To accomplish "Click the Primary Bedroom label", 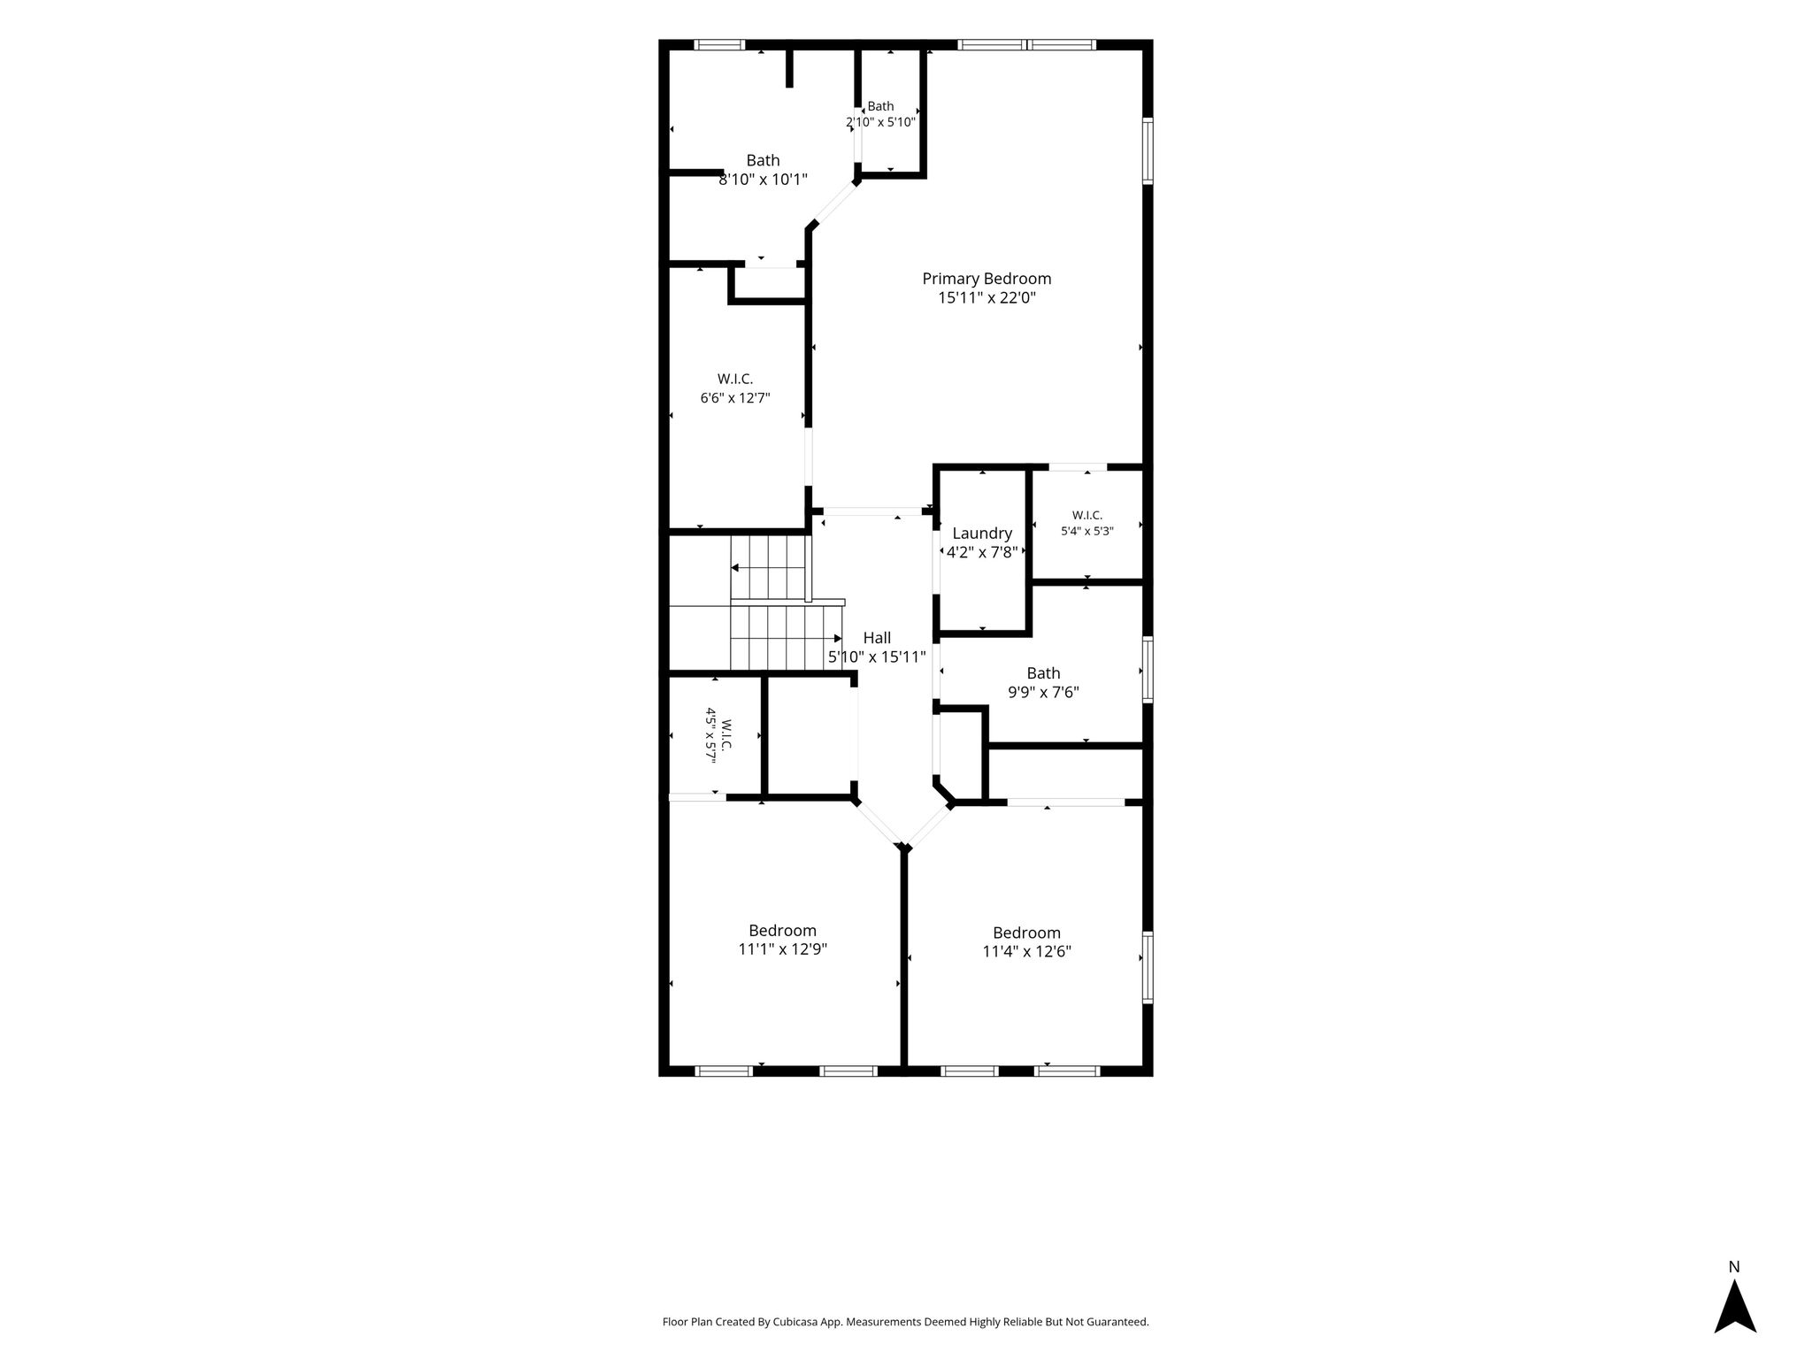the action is (x=987, y=279).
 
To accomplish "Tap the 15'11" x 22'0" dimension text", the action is (x=987, y=299).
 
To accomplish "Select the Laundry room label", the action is (x=982, y=534).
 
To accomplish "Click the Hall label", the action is (x=877, y=638).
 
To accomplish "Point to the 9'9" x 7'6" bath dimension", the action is (x=1043, y=693).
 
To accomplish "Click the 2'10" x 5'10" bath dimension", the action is (x=880, y=123).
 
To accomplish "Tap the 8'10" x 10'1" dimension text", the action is (x=763, y=180).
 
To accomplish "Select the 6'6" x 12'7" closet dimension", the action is (x=735, y=398).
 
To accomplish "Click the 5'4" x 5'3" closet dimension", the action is (x=1087, y=532).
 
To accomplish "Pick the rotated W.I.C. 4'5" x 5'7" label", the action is (x=718, y=734).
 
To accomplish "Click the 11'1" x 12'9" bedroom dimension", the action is (x=783, y=949).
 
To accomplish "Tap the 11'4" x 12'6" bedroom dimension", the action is (x=1026, y=952).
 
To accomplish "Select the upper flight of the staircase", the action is (x=770, y=568).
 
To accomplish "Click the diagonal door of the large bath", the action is (x=834, y=203).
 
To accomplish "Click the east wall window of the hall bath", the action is (x=1148, y=670).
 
